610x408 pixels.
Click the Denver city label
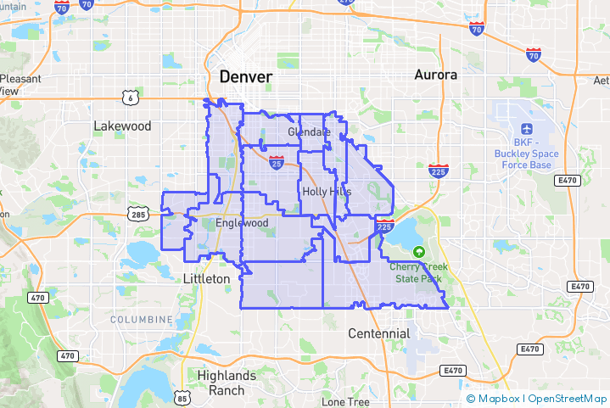click(246, 77)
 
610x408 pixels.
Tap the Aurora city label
click(436, 75)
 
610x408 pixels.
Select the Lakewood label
click(122, 126)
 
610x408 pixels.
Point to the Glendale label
click(309, 132)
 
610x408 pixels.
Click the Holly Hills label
click(327, 193)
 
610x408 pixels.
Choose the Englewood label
click(242, 223)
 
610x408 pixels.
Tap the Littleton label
click(207, 278)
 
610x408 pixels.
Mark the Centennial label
click(379, 333)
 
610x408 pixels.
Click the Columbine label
click(141, 319)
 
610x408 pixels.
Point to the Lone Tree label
click(345, 401)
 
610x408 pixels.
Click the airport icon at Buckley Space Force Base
click(527, 128)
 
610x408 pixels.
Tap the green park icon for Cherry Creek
click(418, 252)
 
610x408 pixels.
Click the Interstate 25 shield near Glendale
click(276, 159)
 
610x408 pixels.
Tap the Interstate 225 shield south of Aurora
click(439, 171)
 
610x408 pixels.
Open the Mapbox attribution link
click(495, 398)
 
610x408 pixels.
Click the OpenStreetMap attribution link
click(566, 398)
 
